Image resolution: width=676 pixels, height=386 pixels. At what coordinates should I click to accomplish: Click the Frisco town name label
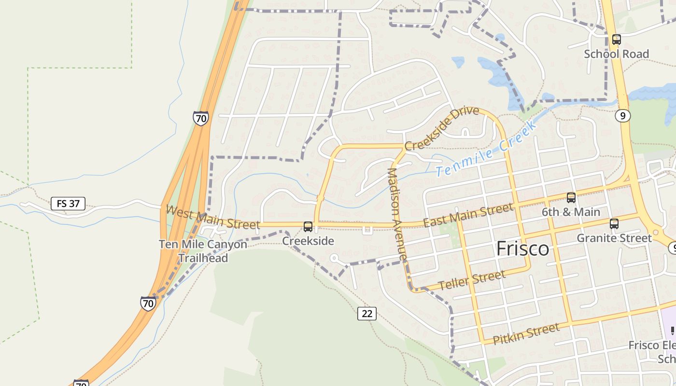[523, 249]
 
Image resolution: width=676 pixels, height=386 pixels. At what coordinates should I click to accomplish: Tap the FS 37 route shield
[68, 204]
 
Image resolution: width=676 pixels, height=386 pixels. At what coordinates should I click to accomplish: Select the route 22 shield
[367, 314]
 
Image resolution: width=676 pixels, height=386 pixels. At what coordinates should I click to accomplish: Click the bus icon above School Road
[616, 40]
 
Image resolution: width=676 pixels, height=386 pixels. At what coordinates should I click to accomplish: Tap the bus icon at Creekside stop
[308, 227]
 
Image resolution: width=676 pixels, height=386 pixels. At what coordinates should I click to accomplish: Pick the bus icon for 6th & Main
[571, 198]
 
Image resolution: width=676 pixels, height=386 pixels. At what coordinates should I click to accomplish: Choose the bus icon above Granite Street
[614, 224]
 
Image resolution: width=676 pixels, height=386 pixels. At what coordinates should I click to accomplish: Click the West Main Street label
[212, 217]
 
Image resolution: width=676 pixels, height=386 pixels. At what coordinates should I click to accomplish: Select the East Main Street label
[468, 215]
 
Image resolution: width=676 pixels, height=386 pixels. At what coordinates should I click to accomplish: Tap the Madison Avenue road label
[397, 215]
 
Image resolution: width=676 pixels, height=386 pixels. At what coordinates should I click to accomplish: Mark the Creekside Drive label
[442, 128]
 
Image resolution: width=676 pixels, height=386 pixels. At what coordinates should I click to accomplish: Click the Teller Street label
[472, 280]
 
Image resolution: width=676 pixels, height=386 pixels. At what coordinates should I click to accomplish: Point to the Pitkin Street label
[526, 334]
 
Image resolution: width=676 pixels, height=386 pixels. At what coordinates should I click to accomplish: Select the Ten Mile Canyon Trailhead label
[203, 251]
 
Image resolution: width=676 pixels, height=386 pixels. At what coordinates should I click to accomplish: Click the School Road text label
[616, 54]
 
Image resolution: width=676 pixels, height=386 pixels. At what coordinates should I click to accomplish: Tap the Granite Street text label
[614, 238]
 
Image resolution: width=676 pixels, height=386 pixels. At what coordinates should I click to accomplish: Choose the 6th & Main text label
[571, 212]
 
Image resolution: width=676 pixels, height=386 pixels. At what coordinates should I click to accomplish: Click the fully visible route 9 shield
[623, 116]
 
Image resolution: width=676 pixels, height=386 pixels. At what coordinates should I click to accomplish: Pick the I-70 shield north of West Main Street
[201, 118]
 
